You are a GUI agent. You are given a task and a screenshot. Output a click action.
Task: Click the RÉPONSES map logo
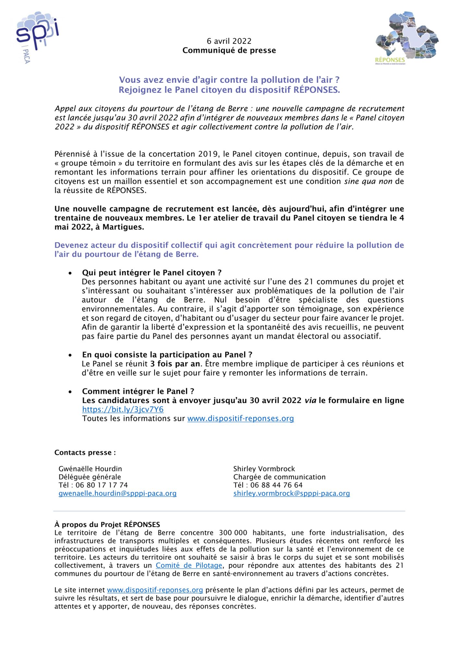point(406,37)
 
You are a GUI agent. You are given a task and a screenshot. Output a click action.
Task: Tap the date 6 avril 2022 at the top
point(229,41)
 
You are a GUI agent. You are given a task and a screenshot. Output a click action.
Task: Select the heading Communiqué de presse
point(229,51)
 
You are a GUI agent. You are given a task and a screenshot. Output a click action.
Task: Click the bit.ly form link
point(123,410)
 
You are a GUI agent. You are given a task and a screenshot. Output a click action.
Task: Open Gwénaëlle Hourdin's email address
point(117,494)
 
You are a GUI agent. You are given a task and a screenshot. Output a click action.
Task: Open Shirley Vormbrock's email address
point(291,494)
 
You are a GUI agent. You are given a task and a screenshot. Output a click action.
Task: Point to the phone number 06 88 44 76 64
point(276,485)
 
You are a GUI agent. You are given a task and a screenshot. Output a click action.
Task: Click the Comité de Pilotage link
point(189,565)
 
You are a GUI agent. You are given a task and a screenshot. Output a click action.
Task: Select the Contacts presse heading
point(85,453)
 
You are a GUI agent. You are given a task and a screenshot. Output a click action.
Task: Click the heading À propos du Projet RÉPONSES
point(107,525)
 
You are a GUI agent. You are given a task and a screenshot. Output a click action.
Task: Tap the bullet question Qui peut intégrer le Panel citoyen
point(151,273)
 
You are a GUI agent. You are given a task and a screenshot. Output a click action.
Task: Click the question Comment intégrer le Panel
point(138,391)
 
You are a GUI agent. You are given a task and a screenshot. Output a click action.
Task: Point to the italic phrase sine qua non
point(368,181)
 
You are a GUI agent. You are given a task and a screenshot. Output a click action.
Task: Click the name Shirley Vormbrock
point(264,469)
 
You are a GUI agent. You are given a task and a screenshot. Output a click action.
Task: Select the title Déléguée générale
point(90,477)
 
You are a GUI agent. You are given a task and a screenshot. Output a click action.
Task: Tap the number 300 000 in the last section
point(233,533)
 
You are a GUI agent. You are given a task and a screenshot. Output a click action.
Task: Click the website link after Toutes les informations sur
point(240,419)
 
